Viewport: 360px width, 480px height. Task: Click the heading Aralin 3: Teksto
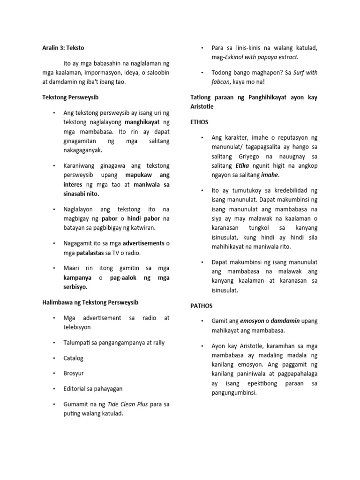pyautogui.click(x=62, y=47)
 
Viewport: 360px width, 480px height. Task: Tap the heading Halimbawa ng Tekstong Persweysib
pyautogui.click(x=90, y=302)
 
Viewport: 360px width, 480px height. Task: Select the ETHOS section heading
pyautogui.click(x=199, y=122)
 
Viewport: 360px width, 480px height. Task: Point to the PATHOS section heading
pyautogui.click(x=202, y=306)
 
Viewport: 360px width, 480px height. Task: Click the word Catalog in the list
pyautogui.click(x=74, y=358)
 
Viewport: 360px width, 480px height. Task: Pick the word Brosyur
pyautogui.click(x=74, y=374)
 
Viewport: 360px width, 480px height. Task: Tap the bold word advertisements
pyautogui.click(x=143, y=243)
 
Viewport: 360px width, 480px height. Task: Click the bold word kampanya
pyautogui.click(x=77, y=278)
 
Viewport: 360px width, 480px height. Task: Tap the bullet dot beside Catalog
pyautogui.click(x=55, y=358)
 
